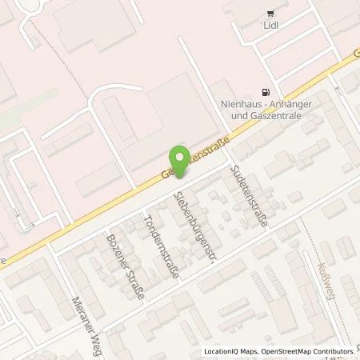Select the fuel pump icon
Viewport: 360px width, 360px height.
266,92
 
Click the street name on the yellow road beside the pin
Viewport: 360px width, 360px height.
198,161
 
